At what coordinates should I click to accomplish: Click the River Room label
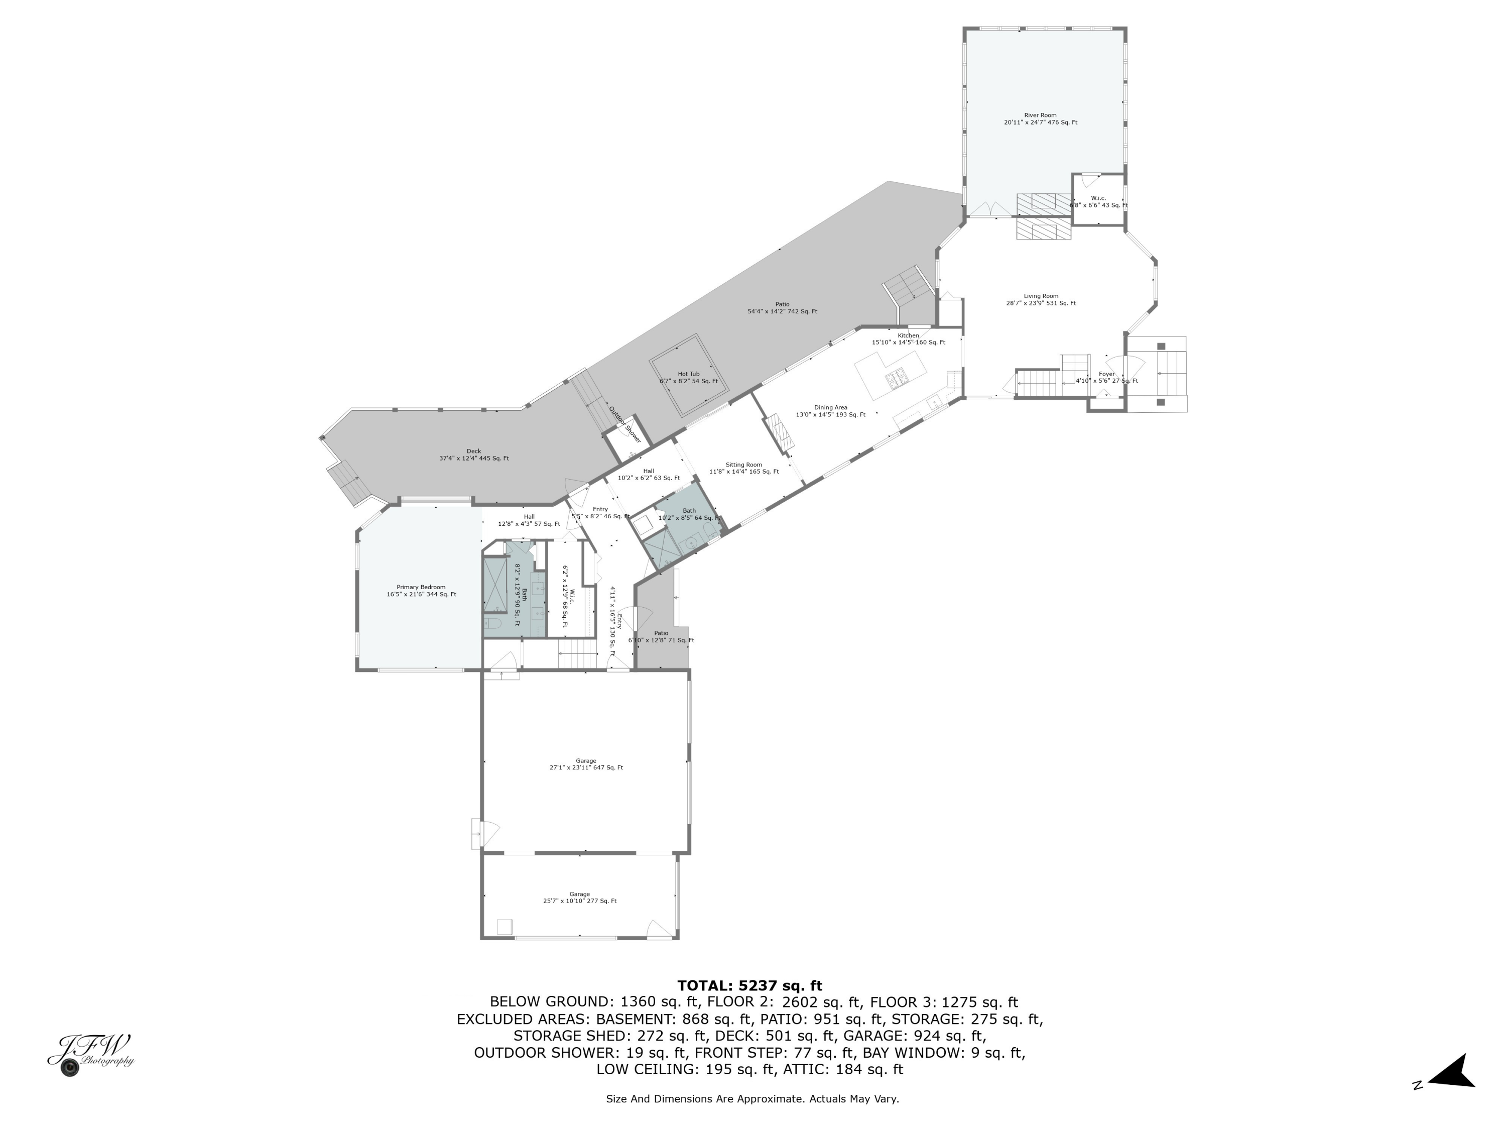(1040, 119)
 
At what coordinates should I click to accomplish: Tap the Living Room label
(1040, 300)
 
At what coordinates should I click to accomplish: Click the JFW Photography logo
(90, 1054)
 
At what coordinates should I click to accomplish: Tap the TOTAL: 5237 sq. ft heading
(749, 985)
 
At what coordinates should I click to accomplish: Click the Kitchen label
(908, 338)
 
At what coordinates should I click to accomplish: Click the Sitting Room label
(743, 468)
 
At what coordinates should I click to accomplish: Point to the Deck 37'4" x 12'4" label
(474, 455)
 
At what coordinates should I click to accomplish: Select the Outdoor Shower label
(625, 424)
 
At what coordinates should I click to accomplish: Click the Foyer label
(1106, 377)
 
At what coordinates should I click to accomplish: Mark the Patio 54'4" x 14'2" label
(782, 308)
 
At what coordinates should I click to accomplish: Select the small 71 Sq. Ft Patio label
(661, 637)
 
